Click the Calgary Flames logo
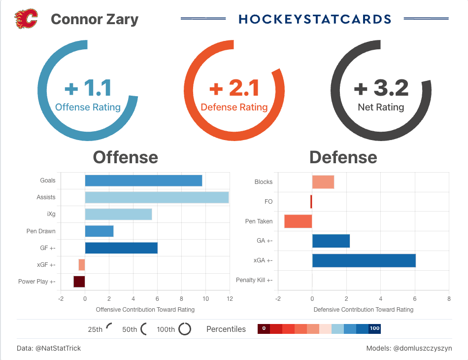click(x=26, y=19)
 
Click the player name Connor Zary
click(x=95, y=19)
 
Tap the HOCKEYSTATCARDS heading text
click(x=315, y=19)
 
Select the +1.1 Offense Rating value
click(x=88, y=88)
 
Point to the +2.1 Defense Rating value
click(x=234, y=88)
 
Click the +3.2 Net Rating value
click(x=381, y=88)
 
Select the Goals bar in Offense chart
click(x=143, y=180)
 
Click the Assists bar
click(x=157, y=197)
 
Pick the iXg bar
click(x=118, y=214)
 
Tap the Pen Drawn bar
click(x=99, y=231)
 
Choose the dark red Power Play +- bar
click(x=79, y=282)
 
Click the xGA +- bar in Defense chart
click(x=364, y=260)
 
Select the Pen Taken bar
click(x=298, y=221)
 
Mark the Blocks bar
click(x=323, y=182)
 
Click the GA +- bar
click(x=331, y=241)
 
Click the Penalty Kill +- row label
click(x=254, y=280)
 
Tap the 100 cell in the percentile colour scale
click(x=374, y=328)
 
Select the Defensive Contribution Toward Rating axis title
click(x=363, y=310)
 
